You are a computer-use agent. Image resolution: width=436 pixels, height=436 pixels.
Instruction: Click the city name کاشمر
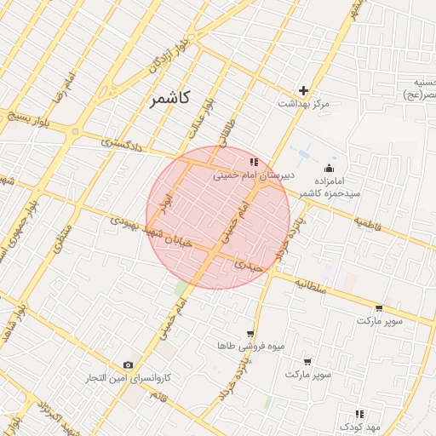170,99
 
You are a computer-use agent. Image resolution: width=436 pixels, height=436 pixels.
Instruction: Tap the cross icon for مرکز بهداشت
303,90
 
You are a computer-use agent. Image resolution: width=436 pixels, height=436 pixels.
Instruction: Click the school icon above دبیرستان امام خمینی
253,161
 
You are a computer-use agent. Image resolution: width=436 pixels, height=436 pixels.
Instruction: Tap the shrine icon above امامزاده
329,168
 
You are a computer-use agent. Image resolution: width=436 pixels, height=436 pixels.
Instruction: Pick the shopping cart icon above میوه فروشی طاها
250,334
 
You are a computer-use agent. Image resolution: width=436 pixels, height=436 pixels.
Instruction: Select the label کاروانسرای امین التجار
132,377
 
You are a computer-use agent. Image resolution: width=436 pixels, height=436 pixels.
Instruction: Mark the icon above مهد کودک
359,414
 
